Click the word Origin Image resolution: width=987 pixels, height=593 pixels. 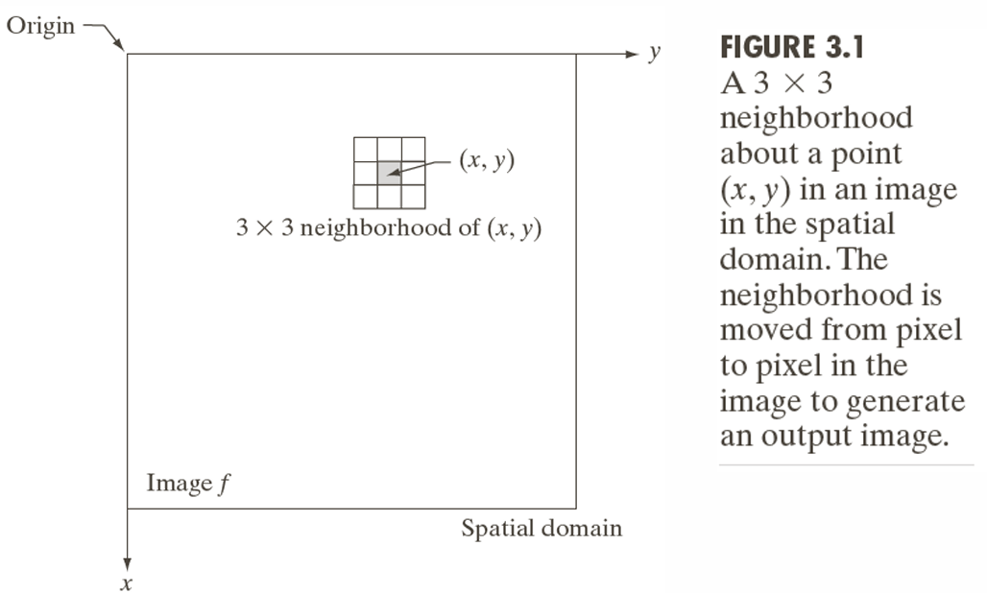tap(40, 25)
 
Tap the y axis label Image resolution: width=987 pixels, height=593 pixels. tap(654, 54)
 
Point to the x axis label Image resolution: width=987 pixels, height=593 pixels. tap(126, 582)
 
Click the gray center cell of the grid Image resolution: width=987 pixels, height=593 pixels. tap(389, 173)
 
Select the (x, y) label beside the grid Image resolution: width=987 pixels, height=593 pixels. tap(486, 161)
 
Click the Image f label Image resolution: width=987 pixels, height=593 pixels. tap(188, 484)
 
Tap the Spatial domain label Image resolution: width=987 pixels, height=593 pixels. tap(542, 528)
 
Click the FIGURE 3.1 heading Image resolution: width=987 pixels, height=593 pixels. tap(792, 47)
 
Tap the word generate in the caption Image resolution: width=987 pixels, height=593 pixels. tap(906, 400)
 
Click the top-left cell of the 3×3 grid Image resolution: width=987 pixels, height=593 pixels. tap(366, 150)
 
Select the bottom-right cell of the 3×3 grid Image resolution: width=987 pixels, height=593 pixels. tap(413, 196)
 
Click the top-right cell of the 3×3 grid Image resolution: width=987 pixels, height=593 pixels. tap(413, 150)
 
